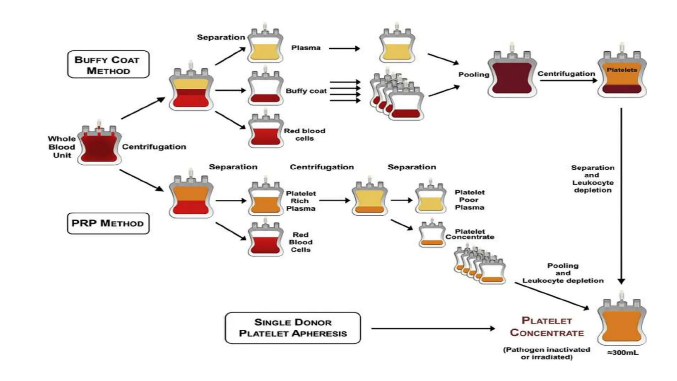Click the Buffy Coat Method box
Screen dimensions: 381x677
108,64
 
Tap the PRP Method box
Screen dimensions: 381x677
108,224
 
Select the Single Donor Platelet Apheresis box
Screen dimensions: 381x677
293,328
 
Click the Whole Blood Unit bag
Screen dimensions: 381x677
99,146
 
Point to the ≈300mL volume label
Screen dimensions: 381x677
623,353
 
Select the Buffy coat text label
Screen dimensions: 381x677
306,91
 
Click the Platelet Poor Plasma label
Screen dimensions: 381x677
469,200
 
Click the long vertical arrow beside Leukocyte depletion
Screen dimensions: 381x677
621,195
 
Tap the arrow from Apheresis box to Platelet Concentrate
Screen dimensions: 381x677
433,328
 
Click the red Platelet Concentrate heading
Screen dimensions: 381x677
547,327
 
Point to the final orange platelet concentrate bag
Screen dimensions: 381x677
622,322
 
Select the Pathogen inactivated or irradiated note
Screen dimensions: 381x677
546,353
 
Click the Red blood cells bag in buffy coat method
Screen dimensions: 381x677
265,132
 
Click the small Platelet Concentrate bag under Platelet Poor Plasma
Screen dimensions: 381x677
431,235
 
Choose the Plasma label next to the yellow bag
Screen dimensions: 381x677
306,48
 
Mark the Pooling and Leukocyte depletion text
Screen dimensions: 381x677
563,273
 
